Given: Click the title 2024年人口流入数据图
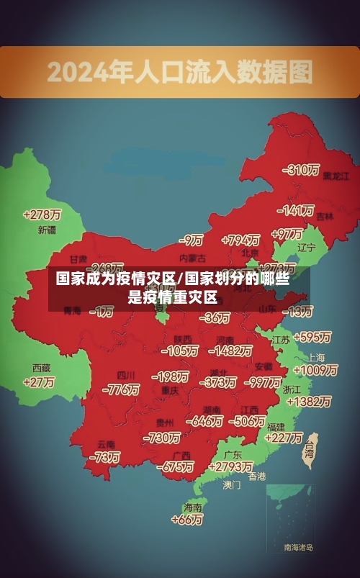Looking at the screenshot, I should click(x=180, y=72).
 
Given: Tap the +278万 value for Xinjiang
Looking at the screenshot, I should click(x=42, y=215).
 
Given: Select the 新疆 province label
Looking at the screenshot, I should click(x=46, y=230).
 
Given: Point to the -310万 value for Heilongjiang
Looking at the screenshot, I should click(x=302, y=170).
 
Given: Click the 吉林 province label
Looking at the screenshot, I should click(x=325, y=215).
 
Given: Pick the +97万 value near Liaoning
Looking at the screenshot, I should click(x=287, y=234).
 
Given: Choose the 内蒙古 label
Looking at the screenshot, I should click(x=192, y=257).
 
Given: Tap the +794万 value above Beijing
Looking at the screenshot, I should click(x=240, y=240).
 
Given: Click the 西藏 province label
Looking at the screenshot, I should click(x=41, y=367).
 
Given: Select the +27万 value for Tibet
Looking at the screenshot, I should click(x=39, y=382).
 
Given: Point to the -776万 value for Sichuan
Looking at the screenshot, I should click(x=121, y=389).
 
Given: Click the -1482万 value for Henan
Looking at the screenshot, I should click(x=230, y=351).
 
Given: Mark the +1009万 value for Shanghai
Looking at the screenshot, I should click(x=316, y=370).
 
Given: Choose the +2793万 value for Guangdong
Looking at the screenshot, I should click(x=228, y=467).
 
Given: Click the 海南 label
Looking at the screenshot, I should click(x=192, y=507).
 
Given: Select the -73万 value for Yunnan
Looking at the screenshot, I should click(x=104, y=457).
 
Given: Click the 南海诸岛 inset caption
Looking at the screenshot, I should click(x=298, y=548).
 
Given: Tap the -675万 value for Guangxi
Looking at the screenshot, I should click(x=176, y=467).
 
